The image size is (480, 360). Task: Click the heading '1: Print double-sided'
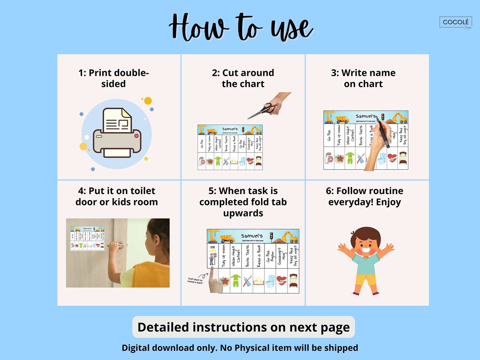click(x=114, y=78)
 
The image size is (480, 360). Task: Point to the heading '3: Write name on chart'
click(x=363, y=78)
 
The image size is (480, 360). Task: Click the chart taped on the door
click(x=87, y=238)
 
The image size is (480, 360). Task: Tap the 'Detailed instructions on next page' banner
click(x=243, y=327)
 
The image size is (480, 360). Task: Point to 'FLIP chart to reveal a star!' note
click(x=195, y=280)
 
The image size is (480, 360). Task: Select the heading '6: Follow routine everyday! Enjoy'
click(x=365, y=196)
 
